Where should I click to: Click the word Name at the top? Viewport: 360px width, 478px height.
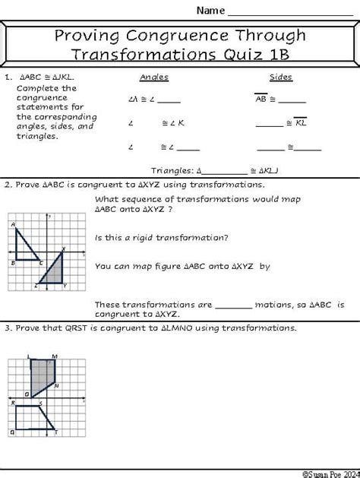point(210,11)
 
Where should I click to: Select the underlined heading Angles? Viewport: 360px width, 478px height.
point(154,78)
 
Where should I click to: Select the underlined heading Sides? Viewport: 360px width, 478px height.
point(281,78)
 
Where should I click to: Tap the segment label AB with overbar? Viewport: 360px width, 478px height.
point(261,99)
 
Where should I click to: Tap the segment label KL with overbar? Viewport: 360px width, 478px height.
point(300,122)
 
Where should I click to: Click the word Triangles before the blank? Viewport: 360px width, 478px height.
point(172,171)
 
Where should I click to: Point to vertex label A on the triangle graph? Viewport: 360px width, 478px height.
point(13,225)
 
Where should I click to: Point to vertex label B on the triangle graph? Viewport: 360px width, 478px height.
point(13,263)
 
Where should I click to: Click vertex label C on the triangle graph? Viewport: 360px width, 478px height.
point(40,264)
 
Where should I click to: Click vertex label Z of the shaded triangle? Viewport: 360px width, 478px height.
point(36,286)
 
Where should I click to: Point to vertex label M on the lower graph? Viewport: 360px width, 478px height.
point(55,356)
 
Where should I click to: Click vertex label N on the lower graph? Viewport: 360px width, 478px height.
point(58,386)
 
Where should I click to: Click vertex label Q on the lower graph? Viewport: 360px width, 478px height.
point(11,432)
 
